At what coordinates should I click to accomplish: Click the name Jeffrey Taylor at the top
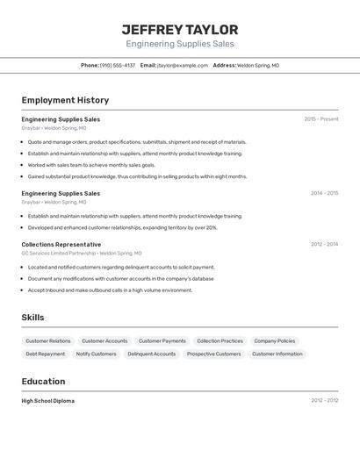[x=180, y=29]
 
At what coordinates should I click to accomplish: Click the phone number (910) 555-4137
[x=117, y=65]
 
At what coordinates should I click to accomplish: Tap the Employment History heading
[x=65, y=100]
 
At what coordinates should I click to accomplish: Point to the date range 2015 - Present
[x=320, y=119]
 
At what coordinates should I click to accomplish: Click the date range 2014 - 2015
[x=324, y=193]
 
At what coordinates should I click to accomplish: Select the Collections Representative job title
[x=61, y=245]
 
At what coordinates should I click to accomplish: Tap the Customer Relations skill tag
[x=48, y=340]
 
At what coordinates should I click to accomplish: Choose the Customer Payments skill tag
[x=162, y=340]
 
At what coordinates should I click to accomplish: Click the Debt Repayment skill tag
[x=45, y=354]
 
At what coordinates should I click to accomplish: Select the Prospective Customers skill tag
[x=213, y=354]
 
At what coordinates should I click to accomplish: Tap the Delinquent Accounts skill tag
[x=151, y=354]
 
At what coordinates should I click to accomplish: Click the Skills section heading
[x=32, y=318]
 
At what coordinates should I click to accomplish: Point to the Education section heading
[x=43, y=382]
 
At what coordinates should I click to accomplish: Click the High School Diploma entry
[x=47, y=401]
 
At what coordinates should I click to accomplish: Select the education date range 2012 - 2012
[x=324, y=401]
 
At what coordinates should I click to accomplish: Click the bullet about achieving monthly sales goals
[x=91, y=165]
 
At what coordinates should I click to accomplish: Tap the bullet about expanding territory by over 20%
[x=122, y=227]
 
